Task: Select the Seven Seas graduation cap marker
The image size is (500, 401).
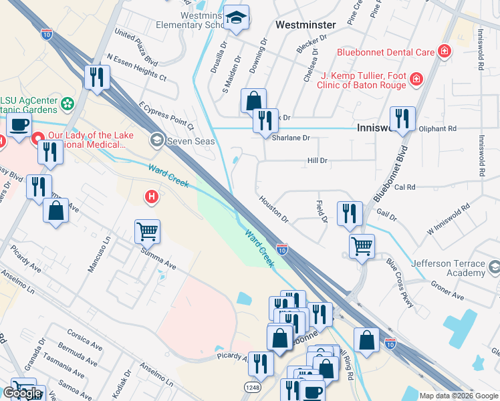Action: tap(156, 139)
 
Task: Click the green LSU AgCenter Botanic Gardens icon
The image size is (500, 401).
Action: tap(67, 104)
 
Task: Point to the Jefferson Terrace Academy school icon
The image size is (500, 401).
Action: tap(494, 269)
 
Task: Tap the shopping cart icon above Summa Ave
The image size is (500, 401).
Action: tap(147, 232)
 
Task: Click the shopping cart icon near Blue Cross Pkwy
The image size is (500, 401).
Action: tap(362, 245)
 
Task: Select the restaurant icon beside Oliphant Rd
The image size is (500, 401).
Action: tap(402, 118)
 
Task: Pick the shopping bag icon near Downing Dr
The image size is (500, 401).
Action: tap(254, 101)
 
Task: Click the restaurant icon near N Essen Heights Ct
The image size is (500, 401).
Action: tap(97, 77)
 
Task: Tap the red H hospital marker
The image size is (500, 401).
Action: tap(152, 197)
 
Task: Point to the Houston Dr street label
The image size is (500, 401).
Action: tap(273, 209)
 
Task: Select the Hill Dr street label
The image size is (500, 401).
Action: tap(317, 160)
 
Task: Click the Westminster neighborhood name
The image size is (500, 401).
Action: tap(305, 24)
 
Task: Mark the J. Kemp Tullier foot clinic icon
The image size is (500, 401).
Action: tap(416, 80)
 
